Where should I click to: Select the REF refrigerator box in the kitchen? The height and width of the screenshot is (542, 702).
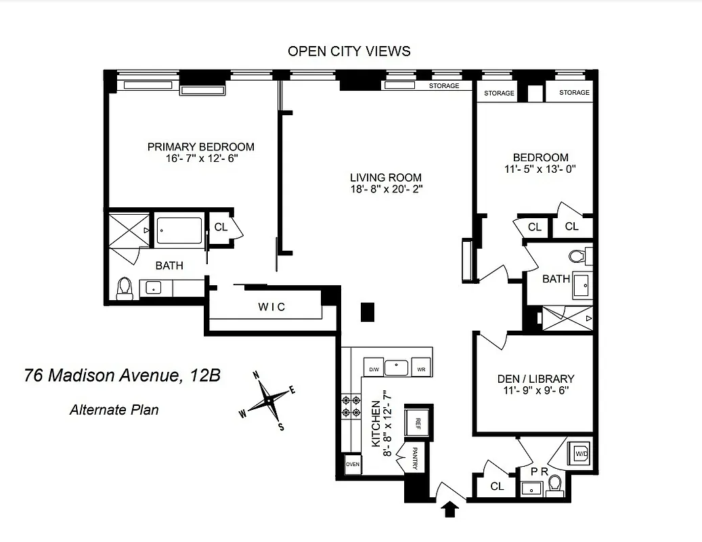418,423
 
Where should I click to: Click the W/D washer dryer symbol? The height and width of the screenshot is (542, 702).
580,453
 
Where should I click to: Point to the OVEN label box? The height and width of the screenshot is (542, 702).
352,465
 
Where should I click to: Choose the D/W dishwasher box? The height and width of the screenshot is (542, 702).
373,369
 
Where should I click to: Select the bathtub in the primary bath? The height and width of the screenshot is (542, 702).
179,230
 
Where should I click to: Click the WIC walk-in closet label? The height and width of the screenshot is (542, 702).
271,307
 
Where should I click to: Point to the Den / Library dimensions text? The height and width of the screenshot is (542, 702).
535,390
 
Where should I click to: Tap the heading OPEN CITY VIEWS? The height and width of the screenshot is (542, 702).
349,51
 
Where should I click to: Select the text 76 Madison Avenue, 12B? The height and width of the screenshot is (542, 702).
122,375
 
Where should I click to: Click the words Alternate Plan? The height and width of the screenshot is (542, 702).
114,409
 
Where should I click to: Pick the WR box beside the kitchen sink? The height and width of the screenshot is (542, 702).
421,369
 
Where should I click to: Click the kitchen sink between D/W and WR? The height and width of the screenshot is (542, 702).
396,368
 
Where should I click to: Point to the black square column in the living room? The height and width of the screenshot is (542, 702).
368,311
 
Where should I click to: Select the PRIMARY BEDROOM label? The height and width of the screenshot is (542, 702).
201,146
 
